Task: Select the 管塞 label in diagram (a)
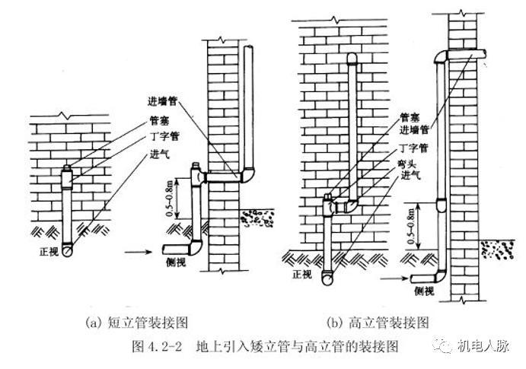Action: pos(161,120)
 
